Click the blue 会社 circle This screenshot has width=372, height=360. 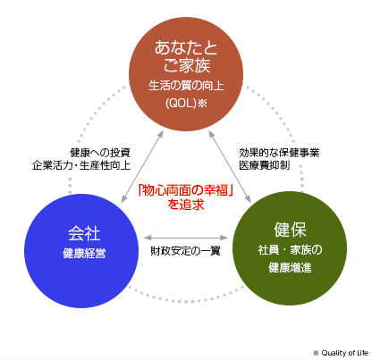(81, 251)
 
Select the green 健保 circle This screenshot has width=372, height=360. (290, 248)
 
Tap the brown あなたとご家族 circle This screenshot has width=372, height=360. (186, 74)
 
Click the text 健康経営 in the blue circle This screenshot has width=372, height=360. (84, 254)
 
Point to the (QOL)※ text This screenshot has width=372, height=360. (186, 104)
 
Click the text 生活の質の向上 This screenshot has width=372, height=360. (186, 86)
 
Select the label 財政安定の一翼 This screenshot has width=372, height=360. (185, 251)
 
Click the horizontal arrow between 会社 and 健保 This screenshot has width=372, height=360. (186, 238)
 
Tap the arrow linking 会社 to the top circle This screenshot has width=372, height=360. (142, 167)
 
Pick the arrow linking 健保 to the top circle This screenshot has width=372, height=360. (230, 167)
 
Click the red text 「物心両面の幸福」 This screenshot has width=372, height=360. (185, 190)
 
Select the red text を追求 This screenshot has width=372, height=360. (186, 205)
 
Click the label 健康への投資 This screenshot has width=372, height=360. (100, 153)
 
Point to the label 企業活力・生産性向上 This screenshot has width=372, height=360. (81, 165)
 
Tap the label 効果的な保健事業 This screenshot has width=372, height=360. (279, 153)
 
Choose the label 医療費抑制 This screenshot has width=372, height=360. (264, 165)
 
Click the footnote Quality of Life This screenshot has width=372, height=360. (344, 353)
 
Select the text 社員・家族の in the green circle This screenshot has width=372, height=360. (290, 250)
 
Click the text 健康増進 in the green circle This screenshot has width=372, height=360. (290, 268)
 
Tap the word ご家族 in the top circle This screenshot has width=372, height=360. (187, 65)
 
